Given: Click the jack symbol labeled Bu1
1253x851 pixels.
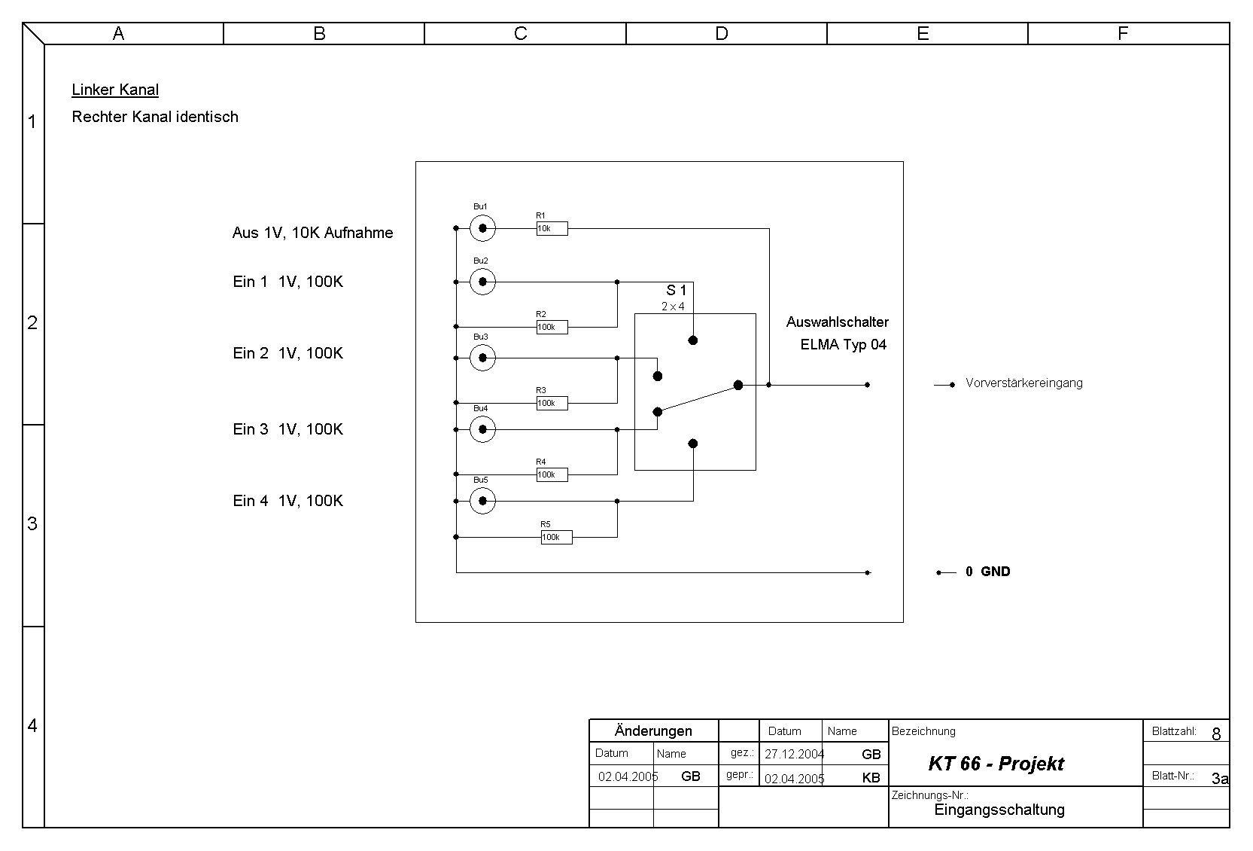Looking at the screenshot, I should coord(482,228).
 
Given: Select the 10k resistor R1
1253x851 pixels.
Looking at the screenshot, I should coord(552,228).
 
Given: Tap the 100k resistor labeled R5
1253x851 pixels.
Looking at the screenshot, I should coord(556,537).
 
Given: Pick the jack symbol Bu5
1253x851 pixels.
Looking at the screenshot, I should coord(482,501).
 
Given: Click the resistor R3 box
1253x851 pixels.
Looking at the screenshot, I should coord(552,403).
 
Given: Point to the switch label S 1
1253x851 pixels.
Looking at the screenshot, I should coord(676,290).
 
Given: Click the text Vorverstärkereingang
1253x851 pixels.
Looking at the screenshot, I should coord(1023,383).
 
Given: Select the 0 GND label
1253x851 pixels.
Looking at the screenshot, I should coord(987,572).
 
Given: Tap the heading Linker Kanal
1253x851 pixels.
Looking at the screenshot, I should coord(115,90).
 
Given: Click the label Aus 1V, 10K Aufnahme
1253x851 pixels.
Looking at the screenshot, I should coord(312,233).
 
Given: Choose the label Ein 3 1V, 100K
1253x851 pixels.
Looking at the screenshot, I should coord(287,429).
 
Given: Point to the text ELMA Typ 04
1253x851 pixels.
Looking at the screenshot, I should coord(843,345).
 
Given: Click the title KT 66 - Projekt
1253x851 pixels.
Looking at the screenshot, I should coord(996,764).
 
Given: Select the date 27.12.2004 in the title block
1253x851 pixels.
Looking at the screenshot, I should coord(794,754).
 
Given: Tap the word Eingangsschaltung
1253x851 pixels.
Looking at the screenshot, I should coord(999,810).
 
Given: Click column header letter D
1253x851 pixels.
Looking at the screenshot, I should coord(722,33).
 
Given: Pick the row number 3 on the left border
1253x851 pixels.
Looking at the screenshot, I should coord(32,523).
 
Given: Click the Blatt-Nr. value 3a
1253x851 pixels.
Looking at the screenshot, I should coord(1219,779).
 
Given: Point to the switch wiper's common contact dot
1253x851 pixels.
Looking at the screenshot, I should coord(738,385).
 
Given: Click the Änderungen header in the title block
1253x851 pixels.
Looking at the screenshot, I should coord(653,731).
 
